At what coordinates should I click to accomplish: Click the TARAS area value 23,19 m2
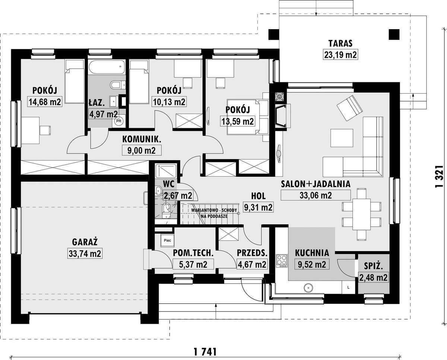point(340,55)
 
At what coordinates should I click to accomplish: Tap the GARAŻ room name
point(85,242)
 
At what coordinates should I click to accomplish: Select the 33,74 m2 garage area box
point(85,253)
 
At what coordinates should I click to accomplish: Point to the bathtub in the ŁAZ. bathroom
point(107,67)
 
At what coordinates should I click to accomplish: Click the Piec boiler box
point(167,240)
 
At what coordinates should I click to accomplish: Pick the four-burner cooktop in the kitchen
point(282,261)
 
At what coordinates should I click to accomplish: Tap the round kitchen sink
point(308,288)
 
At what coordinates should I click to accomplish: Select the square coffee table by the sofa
point(342,138)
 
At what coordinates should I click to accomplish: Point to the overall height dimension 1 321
point(440,177)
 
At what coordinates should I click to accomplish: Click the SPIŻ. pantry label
point(373,266)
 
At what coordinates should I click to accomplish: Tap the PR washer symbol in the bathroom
point(118,121)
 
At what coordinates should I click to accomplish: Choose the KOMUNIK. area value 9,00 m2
point(142,150)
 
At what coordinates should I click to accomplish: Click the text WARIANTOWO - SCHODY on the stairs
point(214,210)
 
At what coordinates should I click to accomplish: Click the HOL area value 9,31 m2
point(258,207)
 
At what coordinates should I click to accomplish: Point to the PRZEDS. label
point(252,253)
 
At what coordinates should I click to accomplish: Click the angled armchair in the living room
point(349,108)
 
